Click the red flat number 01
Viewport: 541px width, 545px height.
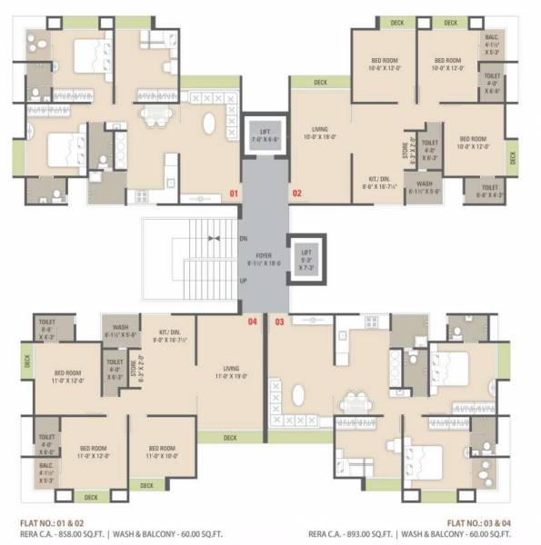(x=233, y=193)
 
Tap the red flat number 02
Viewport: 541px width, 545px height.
(x=296, y=193)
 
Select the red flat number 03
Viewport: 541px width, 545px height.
(x=279, y=322)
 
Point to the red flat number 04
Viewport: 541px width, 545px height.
(x=252, y=322)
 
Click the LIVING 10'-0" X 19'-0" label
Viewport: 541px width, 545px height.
(x=318, y=133)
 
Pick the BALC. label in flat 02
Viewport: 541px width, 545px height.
(x=492, y=36)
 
